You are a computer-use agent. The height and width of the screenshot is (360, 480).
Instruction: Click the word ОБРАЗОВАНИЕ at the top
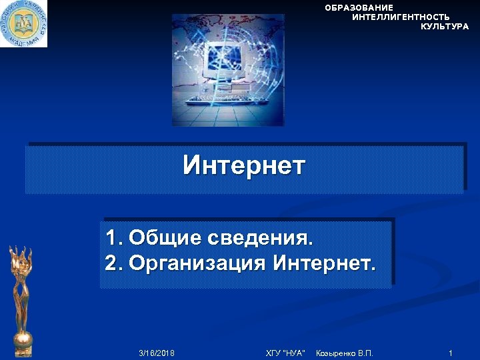click(x=359, y=7)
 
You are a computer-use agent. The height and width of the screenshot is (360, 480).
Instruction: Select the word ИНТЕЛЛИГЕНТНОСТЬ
click(x=401, y=17)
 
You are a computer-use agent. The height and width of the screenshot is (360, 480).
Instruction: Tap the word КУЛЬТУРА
click(x=445, y=27)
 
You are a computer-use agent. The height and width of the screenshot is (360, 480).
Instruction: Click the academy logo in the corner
click(x=24, y=24)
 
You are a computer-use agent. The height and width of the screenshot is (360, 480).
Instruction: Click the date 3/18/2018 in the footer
click(x=157, y=353)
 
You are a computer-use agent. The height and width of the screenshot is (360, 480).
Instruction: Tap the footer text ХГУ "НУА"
click(x=285, y=353)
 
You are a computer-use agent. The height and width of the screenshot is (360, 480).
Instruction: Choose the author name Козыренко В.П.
click(x=344, y=353)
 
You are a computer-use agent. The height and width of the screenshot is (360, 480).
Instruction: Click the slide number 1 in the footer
click(x=451, y=353)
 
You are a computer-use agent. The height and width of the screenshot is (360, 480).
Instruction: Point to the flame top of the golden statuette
click(x=19, y=257)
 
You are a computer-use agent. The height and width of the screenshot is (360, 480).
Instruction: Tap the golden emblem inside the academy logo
click(x=24, y=24)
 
